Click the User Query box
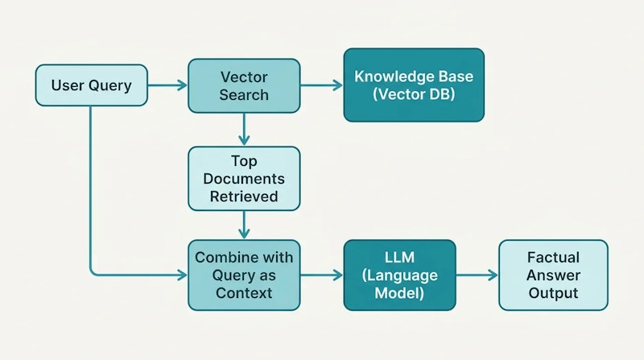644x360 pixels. (x=91, y=85)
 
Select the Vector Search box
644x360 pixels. (x=244, y=85)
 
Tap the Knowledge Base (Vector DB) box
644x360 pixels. (x=414, y=85)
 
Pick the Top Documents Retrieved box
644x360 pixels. (x=244, y=179)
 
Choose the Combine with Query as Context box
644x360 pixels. (x=244, y=275)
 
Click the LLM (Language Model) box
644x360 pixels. (x=399, y=275)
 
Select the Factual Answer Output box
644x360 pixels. (x=553, y=275)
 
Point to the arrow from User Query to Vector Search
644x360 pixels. (x=167, y=85)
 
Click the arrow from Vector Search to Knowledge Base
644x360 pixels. (x=322, y=85)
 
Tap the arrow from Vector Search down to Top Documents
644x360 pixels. (x=244, y=130)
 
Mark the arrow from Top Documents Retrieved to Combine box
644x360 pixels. (x=244, y=226)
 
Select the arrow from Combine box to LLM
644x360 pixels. (x=322, y=275)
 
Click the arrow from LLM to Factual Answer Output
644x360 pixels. (x=477, y=275)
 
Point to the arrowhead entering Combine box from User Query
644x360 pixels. (x=183, y=275)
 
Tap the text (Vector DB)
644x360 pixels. (x=414, y=94)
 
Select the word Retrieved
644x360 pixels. (x=244, y=197)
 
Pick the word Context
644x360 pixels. (x=244, y=293)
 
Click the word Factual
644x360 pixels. (x=553, y=257)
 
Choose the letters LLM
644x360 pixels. (x=399, y=257)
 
